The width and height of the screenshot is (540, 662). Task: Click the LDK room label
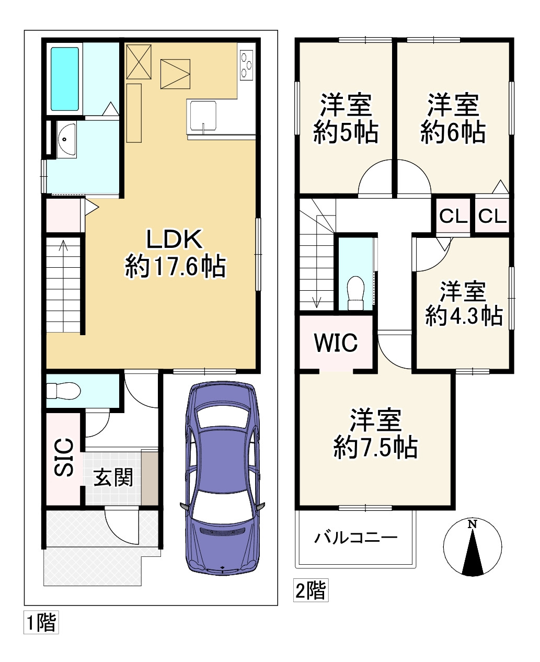[174, 239]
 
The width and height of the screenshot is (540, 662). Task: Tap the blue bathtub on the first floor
[65, 79]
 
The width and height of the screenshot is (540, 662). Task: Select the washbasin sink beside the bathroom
[66, 140]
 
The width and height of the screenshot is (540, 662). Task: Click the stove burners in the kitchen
[246, 65]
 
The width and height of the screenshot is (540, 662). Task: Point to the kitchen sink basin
[201, 115]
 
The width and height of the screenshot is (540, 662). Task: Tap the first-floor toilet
[63, 391]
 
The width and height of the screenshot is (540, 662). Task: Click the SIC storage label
[64, 458]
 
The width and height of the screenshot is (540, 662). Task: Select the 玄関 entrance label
[113, 477]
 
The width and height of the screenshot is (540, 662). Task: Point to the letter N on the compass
[472, 524]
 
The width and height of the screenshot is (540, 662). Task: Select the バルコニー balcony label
[356, 538]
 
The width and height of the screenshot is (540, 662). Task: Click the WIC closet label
[336, 343]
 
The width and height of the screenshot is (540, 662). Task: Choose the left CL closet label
[453, 216]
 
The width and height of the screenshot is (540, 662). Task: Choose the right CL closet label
[492, 216]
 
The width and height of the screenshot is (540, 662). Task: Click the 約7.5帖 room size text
[375, 448]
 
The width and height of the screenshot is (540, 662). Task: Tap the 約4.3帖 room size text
[464, 315]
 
